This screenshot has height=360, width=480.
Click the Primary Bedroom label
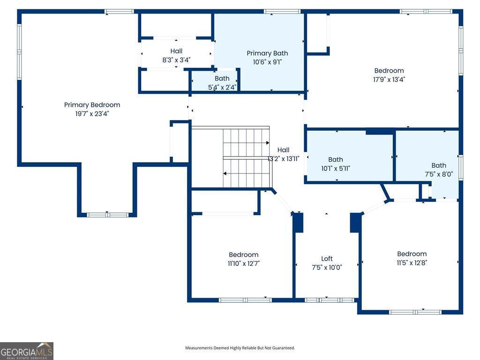point(92,105)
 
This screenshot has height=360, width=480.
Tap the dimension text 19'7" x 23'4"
point(92,113)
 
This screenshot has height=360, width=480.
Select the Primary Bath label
point(267,53)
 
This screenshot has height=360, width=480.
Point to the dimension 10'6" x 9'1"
point(267,62)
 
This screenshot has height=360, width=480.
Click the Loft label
point(327,259)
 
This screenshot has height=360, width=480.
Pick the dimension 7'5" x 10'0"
point(327,268)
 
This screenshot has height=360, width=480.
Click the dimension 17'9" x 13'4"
point(389,80)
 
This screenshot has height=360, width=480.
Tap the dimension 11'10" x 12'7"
point(243,263)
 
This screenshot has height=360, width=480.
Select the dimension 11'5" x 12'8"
point(412,262)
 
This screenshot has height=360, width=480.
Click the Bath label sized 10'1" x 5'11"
point(336,159)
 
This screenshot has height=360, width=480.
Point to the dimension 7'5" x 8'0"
point(439,174)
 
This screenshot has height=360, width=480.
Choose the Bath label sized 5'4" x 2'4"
point(222,78)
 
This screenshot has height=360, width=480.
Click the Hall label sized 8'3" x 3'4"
point(176,51)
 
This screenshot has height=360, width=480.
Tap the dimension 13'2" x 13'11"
point(284,158)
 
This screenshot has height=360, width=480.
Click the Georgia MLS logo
point(27,351)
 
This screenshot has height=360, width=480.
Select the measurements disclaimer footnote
point(240,348)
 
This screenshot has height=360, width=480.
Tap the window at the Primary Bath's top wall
point(282,12)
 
